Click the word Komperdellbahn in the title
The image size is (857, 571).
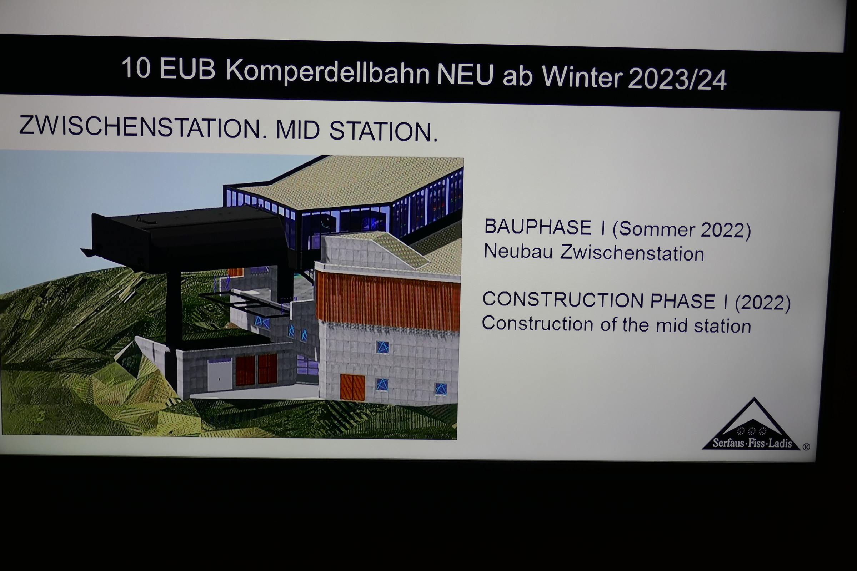327,72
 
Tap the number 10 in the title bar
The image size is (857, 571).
136,67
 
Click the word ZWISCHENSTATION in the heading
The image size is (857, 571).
140,127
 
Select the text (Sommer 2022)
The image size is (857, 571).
681,230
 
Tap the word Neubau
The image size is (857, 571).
518,251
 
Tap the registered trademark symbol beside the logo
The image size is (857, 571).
806,446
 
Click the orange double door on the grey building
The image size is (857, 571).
352,388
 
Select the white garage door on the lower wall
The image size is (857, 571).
220,375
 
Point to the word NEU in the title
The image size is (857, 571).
465,74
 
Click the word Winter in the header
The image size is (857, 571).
582,77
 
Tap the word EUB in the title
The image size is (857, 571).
187,69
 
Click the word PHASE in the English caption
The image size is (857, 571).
683,301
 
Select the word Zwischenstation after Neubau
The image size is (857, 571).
632,253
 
